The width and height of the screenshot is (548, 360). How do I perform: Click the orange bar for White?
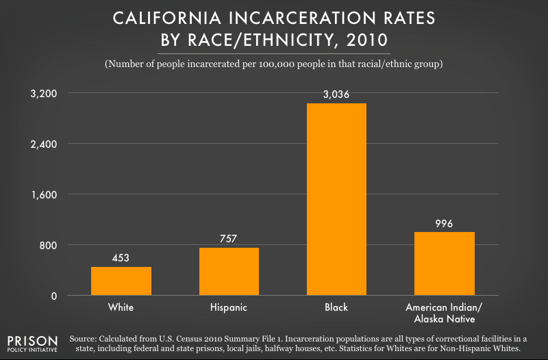pos(121,281)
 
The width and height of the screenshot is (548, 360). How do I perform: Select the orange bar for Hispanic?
pos(229,272)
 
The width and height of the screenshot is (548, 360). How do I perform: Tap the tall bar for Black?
pos(336,199)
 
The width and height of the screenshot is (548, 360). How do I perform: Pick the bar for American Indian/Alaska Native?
pos(445,264)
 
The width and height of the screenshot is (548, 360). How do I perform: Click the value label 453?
pos(121,258)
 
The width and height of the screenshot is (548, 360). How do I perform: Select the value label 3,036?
pos(336,94)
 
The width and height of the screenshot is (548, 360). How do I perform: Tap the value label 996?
pos(445,223)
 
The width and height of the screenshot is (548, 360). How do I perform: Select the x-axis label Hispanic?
pos(229,307)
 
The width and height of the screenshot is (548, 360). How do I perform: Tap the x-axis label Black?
pos(336,307)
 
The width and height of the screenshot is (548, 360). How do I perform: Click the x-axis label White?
pos(121,307)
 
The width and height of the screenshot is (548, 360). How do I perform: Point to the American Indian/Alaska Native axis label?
pos(445,313)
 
